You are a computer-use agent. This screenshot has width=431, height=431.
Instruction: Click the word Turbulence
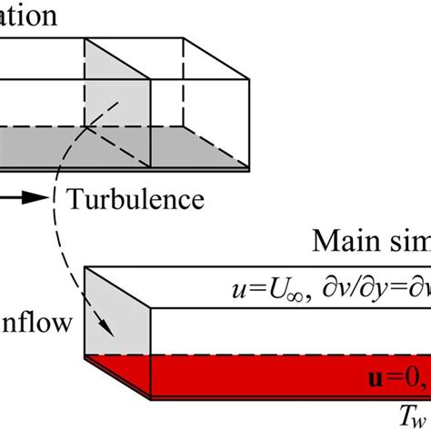(x=135, y=198)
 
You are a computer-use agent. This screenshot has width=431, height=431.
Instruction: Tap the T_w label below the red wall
(x=413, y=414)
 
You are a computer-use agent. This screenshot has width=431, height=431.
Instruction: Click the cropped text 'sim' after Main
(x=406, y=243)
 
